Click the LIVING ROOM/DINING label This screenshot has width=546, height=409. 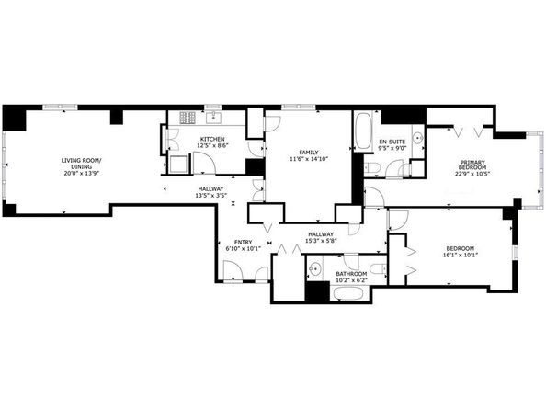coord(82,164)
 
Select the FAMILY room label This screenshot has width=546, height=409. coord(309,153)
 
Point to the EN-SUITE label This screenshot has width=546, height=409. coord(392,142)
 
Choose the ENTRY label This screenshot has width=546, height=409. coord(243,243)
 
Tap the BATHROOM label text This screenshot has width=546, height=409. coord(351,274)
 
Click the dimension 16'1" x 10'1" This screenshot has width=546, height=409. coord(460,255)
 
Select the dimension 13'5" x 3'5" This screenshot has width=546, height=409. coord(211,195)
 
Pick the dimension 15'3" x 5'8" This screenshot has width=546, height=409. coord(321,241)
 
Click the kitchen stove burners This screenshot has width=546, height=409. coord(188,118)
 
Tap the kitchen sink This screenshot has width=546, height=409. coord(212,118)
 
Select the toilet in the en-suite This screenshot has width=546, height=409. coord(371,168)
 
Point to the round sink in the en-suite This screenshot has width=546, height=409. coord(418,138)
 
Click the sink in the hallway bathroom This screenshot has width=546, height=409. coord(315,269)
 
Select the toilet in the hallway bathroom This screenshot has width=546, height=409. coord(378,269)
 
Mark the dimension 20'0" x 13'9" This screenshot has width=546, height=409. coord(82,173)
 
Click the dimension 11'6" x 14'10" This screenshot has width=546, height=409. coord(309,159)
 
